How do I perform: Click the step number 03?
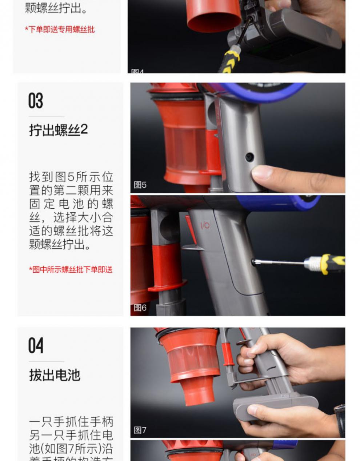(36, 101)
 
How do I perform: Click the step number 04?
(36, 345)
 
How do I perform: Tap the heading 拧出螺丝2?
(58, 130)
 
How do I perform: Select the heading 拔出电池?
(55, 375)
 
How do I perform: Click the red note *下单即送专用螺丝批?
(60, 29)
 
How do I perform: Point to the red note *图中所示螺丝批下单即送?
(71, 269)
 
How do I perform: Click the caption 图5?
(140, 185)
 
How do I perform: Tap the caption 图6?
(140, 308)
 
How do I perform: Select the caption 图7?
(140, 430)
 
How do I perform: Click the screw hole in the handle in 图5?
(249, 157)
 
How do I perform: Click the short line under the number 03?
(46, 117)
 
